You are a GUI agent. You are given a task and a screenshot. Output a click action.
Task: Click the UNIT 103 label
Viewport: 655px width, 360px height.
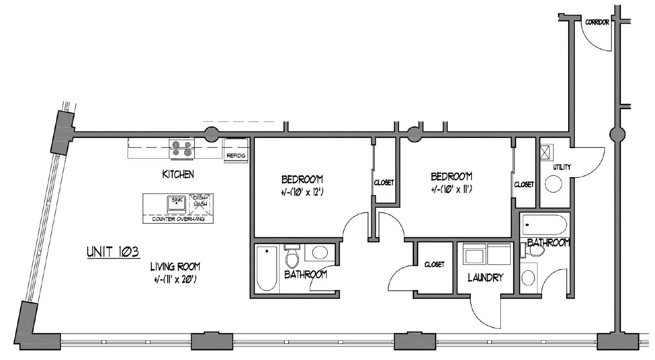pyautogui.click(x=113, y=252)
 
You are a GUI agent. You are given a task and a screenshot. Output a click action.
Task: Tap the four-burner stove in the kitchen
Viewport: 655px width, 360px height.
pyautogui.click(x=182, y=149)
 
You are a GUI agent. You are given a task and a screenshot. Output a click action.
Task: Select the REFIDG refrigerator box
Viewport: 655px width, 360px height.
pyautogui.click(x=236, y=150)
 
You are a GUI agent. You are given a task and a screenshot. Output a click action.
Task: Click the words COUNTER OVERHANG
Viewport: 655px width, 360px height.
pyautogui.click(x=178, y=219)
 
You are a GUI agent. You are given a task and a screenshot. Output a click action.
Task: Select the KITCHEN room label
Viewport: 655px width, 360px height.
pyautogui.click(x=178, y=174)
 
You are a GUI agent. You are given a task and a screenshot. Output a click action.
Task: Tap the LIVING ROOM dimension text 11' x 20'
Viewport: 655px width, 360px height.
pyautogui.click(x=175, y=280)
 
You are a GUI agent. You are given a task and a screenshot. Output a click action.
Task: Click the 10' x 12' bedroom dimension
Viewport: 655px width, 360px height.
pyautogui.click(x=303, y=192)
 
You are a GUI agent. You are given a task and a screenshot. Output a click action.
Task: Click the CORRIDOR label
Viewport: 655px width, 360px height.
pyautogui.click(x=597, y=22)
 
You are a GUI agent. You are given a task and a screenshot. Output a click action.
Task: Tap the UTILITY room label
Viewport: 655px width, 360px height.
pyautogui.click(x=562, y=167)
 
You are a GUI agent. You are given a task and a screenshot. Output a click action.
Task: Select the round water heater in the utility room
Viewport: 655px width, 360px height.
pyautogui.click(x=553, y=184)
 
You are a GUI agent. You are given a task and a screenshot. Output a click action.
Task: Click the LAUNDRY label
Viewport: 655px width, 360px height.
pyautogui.click(x=486, y=278)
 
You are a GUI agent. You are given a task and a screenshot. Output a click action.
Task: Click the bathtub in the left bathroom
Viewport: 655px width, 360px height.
pyautogui.click(x=267, y=268)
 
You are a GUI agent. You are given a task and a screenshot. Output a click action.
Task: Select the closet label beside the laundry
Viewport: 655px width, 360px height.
pyautogui.click(x=434, y=264)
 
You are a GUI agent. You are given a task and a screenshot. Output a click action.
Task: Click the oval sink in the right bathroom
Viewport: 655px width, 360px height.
pyautogui.click(x=528, y=277)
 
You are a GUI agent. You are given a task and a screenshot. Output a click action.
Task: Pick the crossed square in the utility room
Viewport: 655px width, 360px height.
pyautogui.click(x=544, y=152)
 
